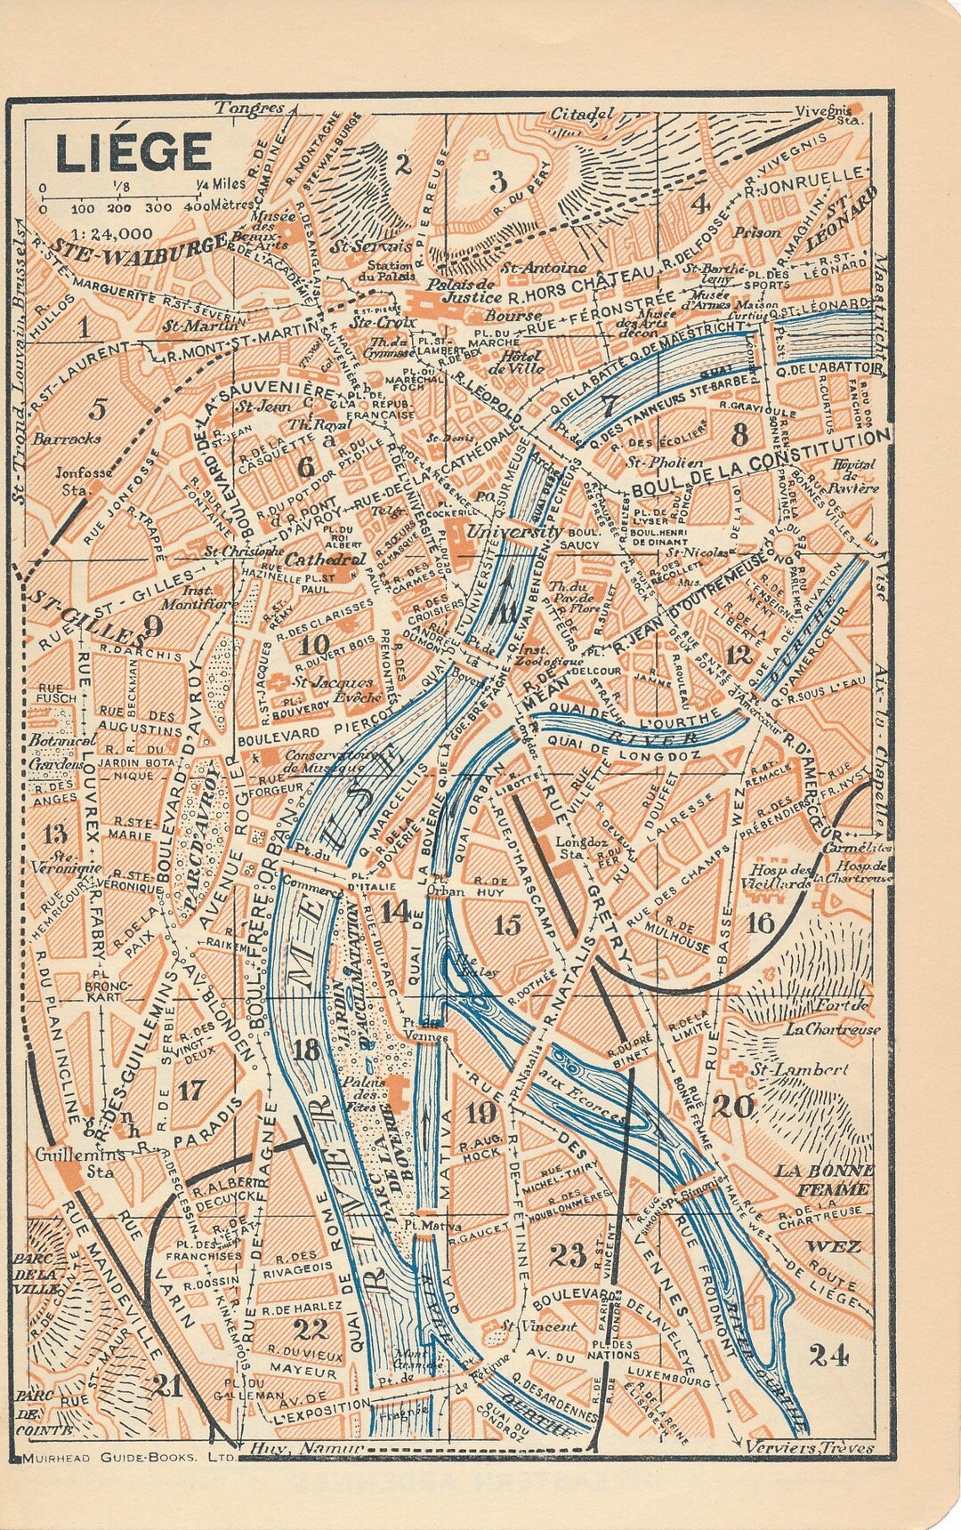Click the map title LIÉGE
tap(133, 151)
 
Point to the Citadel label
tap(582, 114)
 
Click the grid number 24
tap(828, 1355)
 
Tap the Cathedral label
tap(325, 560)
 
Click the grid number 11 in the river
tap(506, 612)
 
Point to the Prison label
tap(757, 233)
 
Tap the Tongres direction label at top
tap(249, 109)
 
